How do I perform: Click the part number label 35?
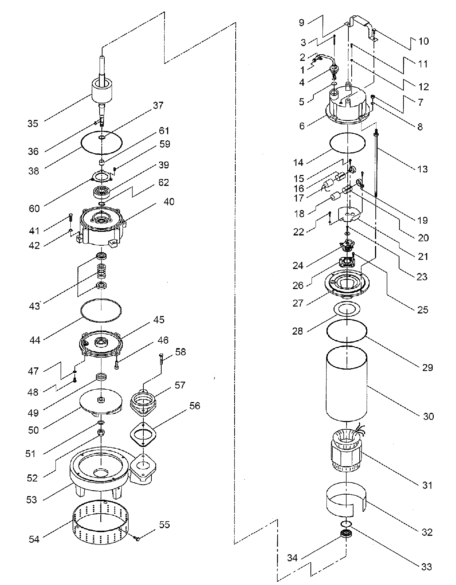[x=33, y=124]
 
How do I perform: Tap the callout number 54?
[x=34, y=539]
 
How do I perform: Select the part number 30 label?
[x=428, y=416]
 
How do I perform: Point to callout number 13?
[x=422, y=169]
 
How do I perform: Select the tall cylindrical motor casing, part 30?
[x=347, y=384]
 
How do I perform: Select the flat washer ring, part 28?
[x=347, y=309]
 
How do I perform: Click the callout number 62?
[x=164, y=182]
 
